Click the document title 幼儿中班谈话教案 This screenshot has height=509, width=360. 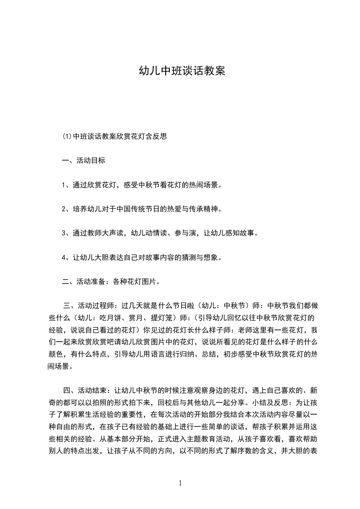[182, 71]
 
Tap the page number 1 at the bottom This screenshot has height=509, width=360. [180, 483]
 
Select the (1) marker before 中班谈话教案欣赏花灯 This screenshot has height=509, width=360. [67, 136]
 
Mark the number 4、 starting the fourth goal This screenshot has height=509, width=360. [66, 258]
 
